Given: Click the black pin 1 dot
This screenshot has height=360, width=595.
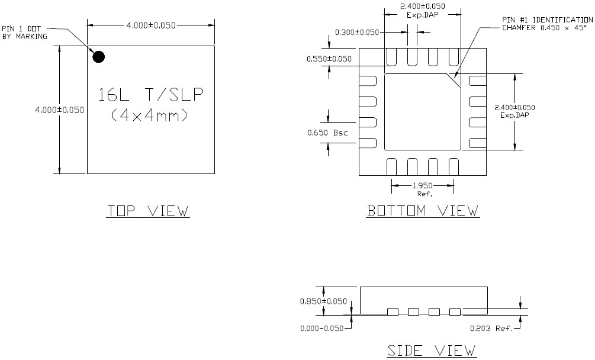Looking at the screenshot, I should pyautogui.click(x=99, y=57).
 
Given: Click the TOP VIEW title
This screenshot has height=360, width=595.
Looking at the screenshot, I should pyautogui.click(x=148, y=211).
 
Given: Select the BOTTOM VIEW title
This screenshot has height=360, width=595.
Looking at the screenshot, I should pyautogui.click(x=423, y=211).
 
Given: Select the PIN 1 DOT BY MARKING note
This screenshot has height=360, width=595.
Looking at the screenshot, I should pyautogui.click(x=24, y=32).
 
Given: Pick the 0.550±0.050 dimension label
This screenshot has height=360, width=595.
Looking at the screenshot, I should pyautogui.click(x=329, y=59).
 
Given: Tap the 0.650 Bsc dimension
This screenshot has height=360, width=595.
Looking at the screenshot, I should pyautogui.click(x=327, y=133).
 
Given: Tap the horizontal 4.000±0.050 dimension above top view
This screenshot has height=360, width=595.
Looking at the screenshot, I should pyautogui.click(x=151, y=25).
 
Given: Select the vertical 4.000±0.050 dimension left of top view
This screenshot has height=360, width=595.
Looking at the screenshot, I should pyautogui.click(x=60, y=110).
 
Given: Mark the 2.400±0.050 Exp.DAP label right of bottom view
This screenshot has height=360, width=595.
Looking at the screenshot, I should pyautogui.click(x=514, y=111).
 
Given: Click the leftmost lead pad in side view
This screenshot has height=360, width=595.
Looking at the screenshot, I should pyautogui.click(x=393, y=311).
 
